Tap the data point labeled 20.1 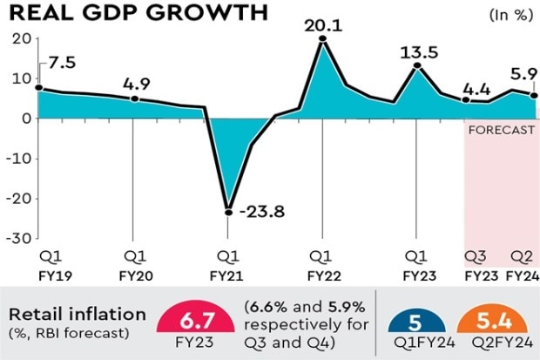pos(322,38)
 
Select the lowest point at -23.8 pos(228,212)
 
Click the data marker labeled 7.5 pos(38,88)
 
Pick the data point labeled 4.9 pos(133,98)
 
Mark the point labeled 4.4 pos(467,100)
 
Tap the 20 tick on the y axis pos(21,38)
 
